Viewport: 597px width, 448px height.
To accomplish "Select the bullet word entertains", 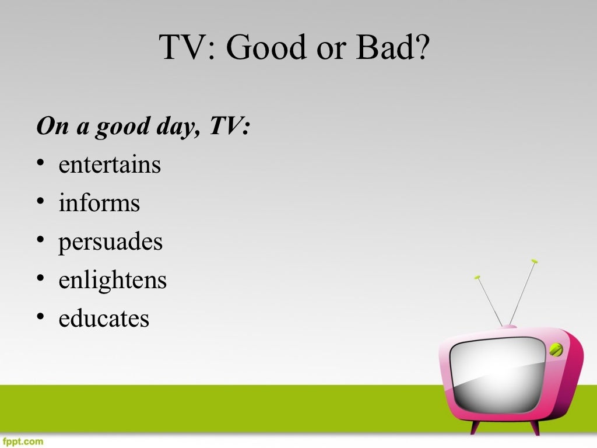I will click(x=110, y=165).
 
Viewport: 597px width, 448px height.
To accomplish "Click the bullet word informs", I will click(x=99, y=203).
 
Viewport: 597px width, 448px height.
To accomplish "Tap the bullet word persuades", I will click(x=110, y=242).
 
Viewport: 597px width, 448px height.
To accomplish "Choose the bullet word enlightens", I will click(x=113, y=281).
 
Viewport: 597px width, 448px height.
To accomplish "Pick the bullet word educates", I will click(x=104, y=319).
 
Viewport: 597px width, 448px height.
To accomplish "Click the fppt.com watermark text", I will click(x=22, y=442).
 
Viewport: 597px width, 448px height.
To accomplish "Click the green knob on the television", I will click(x=556, y=349).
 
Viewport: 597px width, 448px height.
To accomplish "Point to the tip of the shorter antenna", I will click(x=477, y=277).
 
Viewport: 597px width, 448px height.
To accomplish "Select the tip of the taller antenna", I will click(x=535, y=262).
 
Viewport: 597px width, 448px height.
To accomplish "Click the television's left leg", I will click(x=475, y=426).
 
